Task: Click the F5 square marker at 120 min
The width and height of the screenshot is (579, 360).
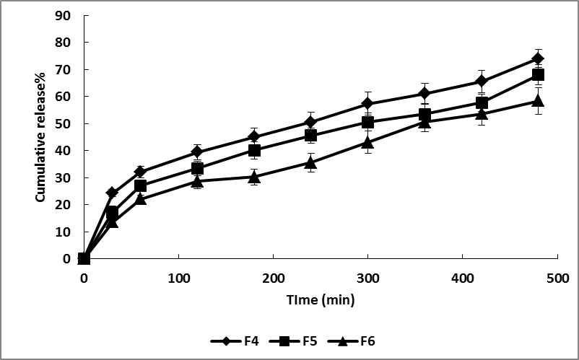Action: [x=197, y=168]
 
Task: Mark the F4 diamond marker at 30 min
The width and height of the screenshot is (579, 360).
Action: [x=112, y=193]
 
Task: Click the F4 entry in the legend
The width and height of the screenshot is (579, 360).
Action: [x=233, y=341]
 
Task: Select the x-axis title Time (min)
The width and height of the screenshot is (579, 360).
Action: [x=319, y=299]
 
